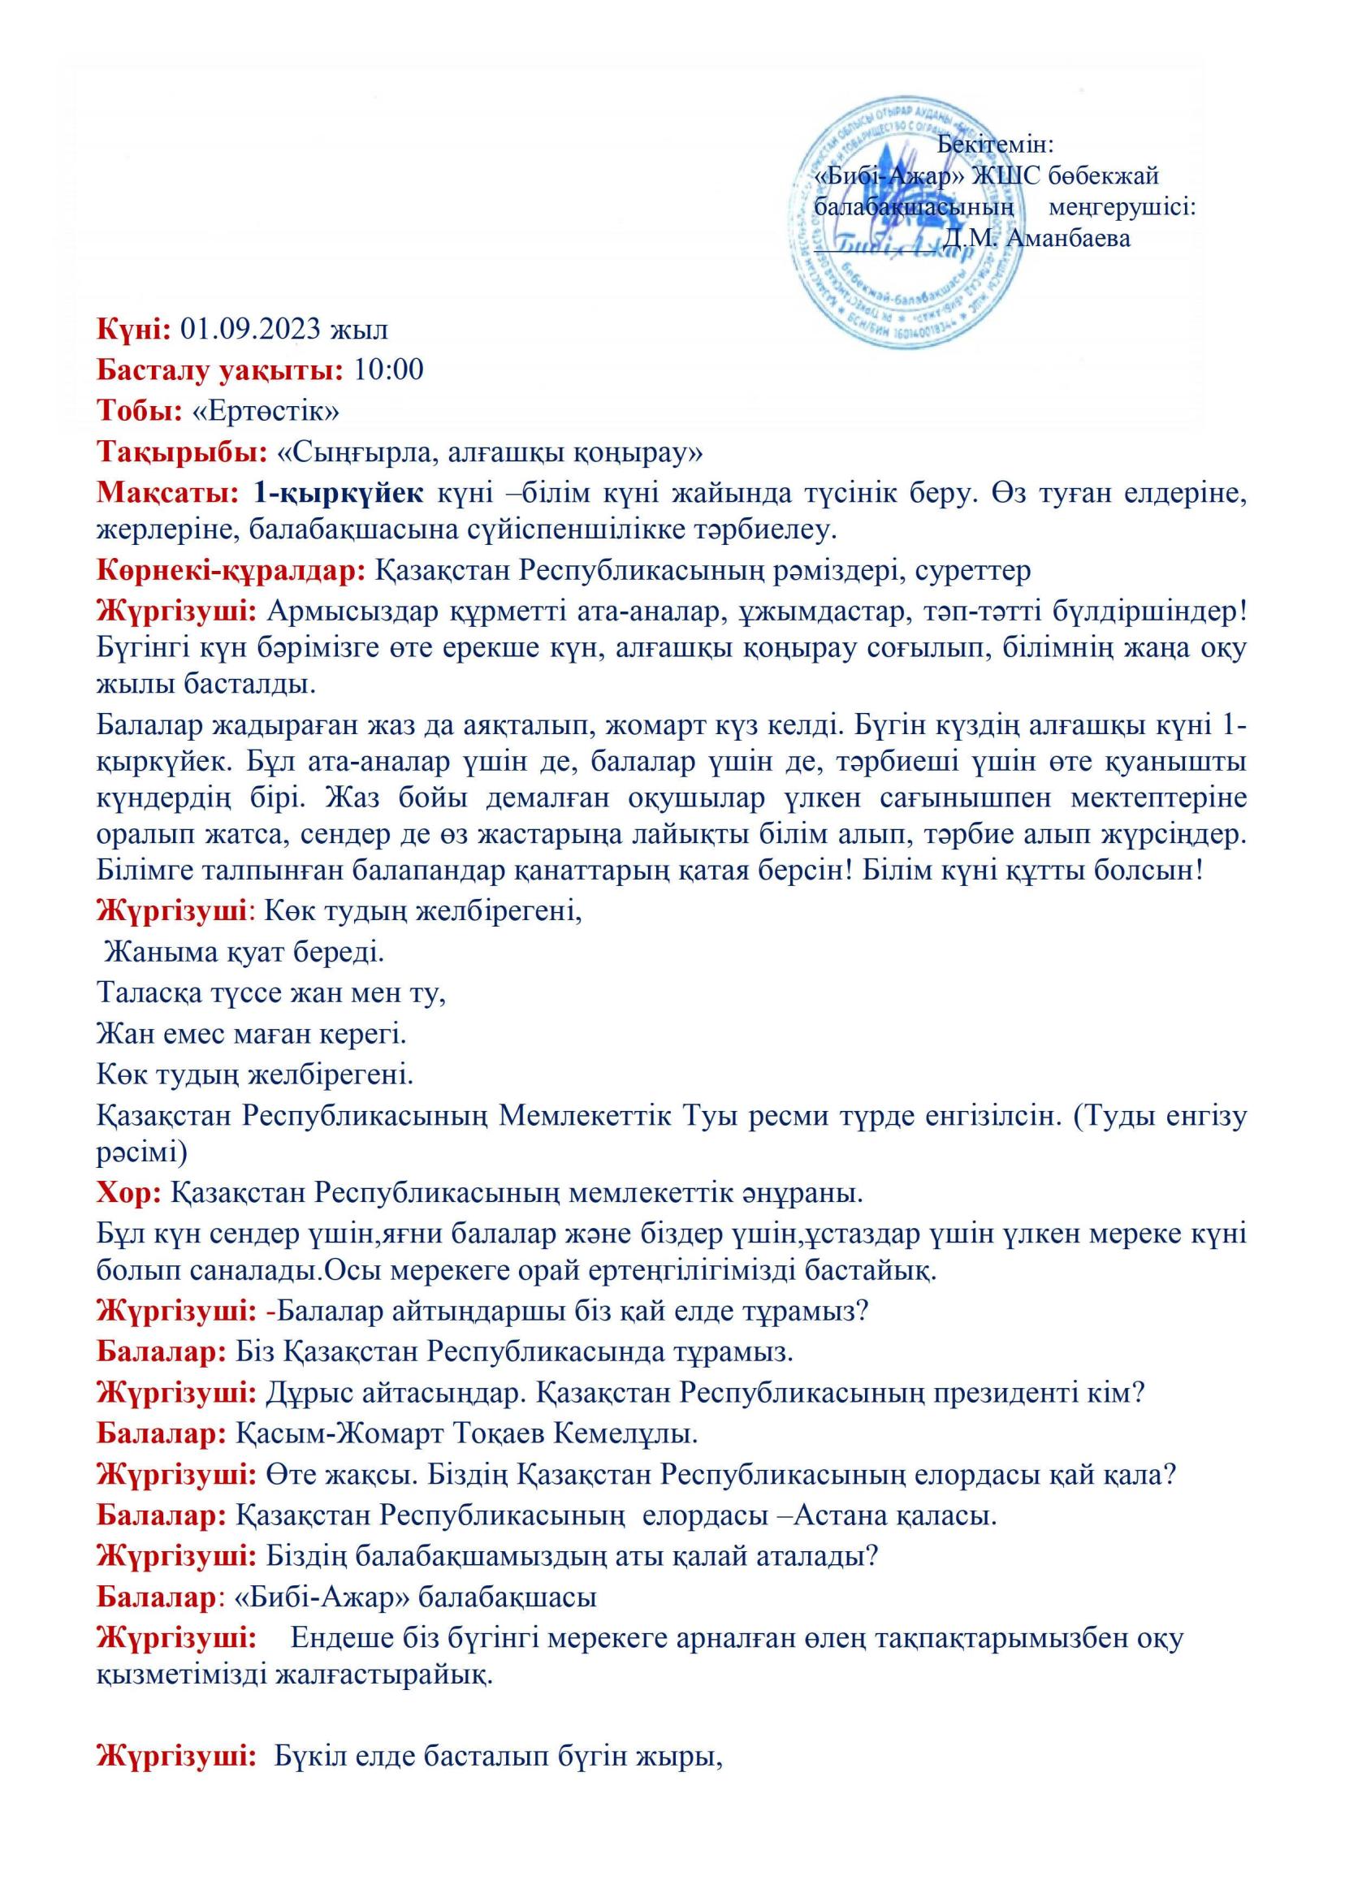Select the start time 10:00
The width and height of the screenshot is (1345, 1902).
[x=388, y=370]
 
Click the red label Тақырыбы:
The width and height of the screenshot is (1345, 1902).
[x=182, y=452]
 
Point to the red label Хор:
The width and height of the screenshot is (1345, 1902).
[x=129, y=1194]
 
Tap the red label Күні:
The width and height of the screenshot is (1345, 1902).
[x=134, y=330]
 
